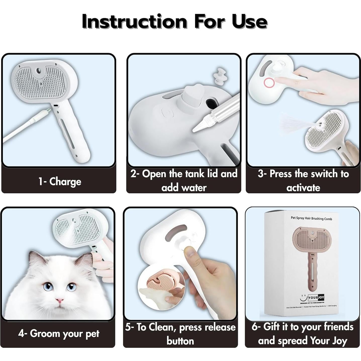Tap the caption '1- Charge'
coord(60,181)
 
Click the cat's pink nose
coord(60,301)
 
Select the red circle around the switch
coord(269,83)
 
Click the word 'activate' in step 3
coord(303,188)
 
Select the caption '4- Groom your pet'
coord(59,334)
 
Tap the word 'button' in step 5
coord(180,341)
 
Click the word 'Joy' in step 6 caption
coord(339,341)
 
